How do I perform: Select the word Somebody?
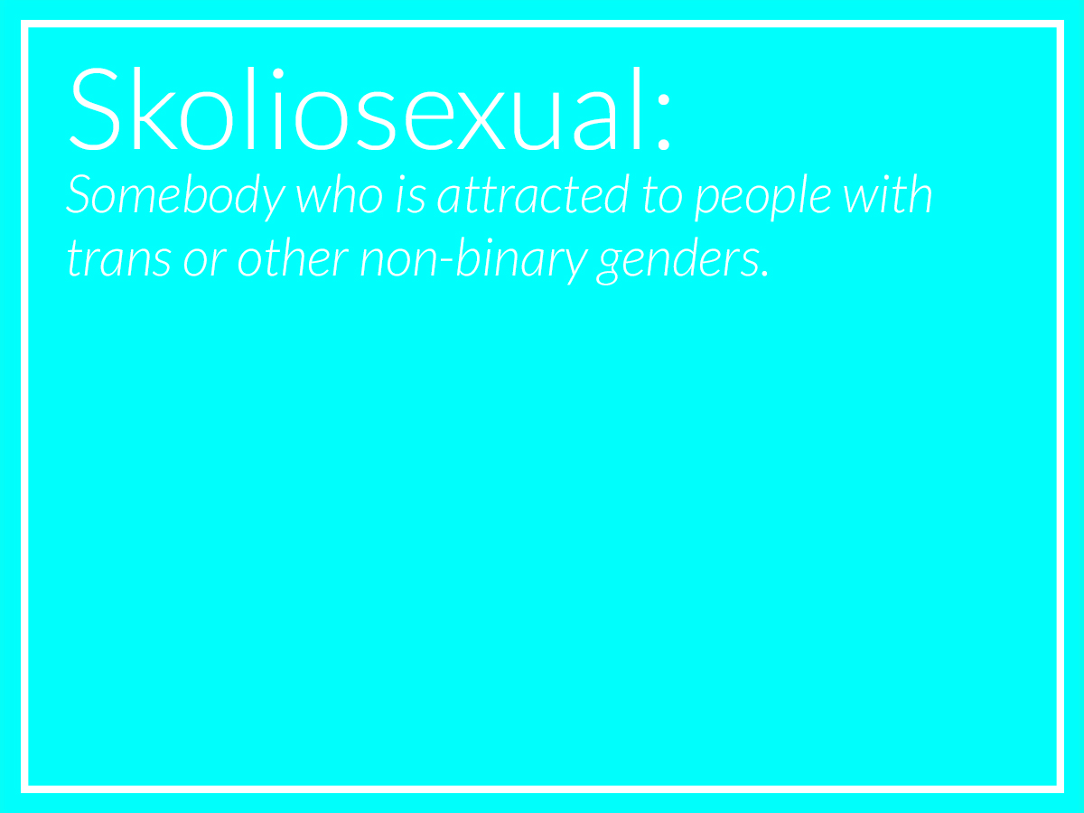pos(176,196)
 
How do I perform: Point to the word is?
pos(411,195)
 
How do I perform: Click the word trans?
pos(119,259)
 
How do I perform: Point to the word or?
pos(205,262)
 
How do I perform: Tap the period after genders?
pos(765,274)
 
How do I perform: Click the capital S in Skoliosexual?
pos(95,109)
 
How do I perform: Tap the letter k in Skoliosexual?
pos(155,108)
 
